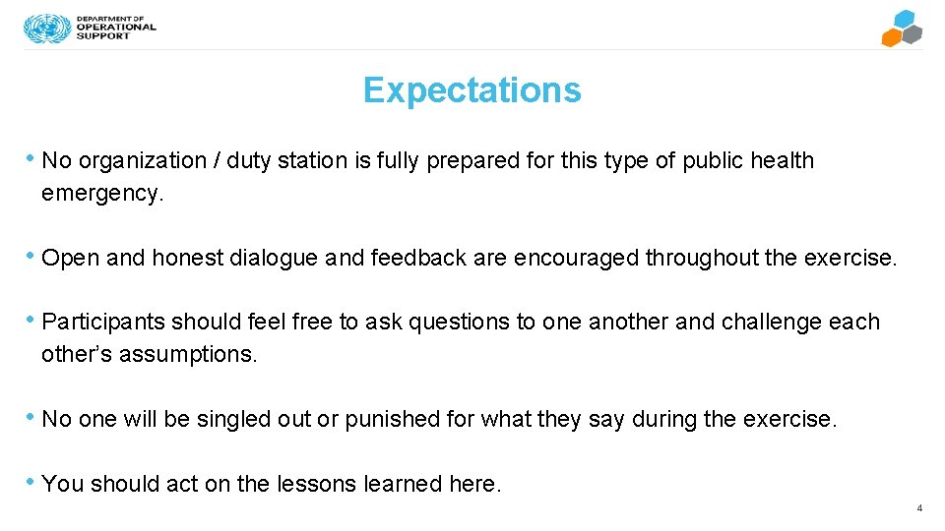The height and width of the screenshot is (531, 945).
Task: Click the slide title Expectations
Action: click(472, 90)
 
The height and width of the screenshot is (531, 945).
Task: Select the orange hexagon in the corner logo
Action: click(891, 37)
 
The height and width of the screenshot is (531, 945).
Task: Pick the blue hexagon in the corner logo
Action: click(903, 20)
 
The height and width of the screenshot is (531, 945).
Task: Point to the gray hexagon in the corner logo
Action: click(913, 34)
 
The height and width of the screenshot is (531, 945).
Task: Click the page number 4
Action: click(918, 508)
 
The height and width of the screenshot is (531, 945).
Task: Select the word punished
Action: click(392, 419)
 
